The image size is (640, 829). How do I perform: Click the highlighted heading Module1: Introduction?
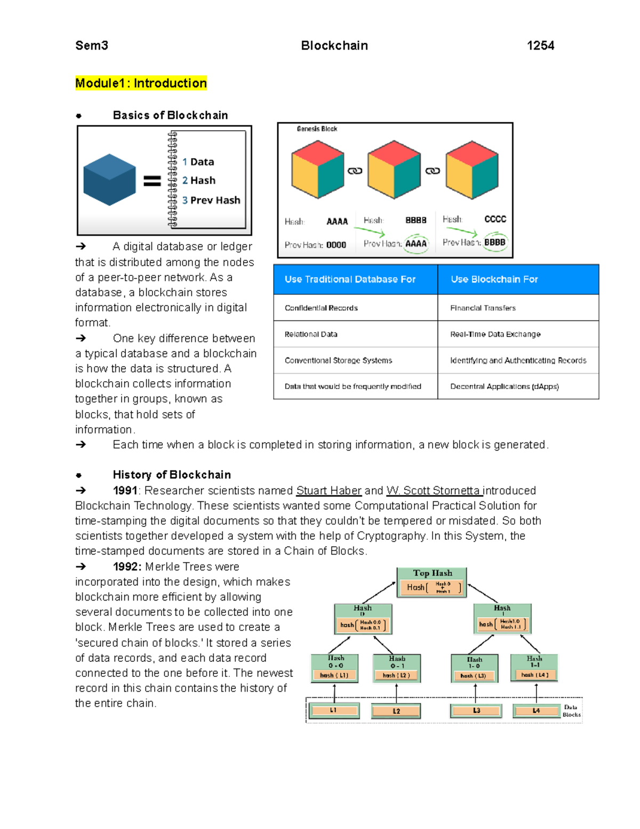[x=141, y=83]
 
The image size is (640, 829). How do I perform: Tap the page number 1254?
[x=540, y=46]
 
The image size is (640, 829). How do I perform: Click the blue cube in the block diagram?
[x=109, y=179]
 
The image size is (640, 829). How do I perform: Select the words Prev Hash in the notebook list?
[x=215, y=200]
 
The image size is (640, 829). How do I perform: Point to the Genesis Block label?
[x=317, y=129]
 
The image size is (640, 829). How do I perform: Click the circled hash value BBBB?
[x=494, y=242]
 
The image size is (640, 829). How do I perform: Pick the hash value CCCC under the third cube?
[x=495, y=219]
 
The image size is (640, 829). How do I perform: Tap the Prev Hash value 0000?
[x=336, y=245]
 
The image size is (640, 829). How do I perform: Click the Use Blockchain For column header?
[x=494, y=279]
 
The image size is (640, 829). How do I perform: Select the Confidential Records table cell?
[x=321, y=308]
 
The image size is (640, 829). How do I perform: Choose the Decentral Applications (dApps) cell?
[x=504, y=386]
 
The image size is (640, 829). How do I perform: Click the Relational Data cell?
[x=311, y=334]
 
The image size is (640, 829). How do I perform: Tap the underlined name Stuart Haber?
[x=329, y=491]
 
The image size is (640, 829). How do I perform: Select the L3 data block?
[x=476, y=710]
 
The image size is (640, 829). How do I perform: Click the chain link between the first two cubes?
[x=355, y=171]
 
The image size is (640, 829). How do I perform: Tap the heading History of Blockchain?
[x=172, y=475]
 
